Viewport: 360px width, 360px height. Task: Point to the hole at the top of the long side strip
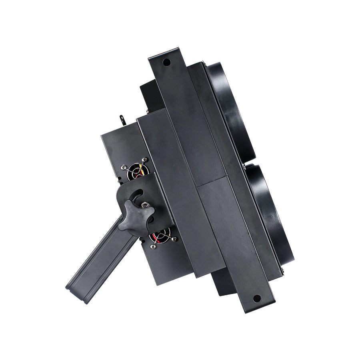click(x=166, y=62)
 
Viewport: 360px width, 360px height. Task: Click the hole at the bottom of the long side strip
click(x=257, y=298)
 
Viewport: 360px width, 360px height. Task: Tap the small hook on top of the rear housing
click(x=122, y=120)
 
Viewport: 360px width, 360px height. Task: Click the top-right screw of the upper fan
click(x=145, y=160)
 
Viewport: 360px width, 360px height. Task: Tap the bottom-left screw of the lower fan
click(x=153, y=246)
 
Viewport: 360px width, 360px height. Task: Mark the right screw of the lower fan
click(x=174, y=239)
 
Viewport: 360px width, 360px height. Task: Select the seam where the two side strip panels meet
click(x=212, y=180)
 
